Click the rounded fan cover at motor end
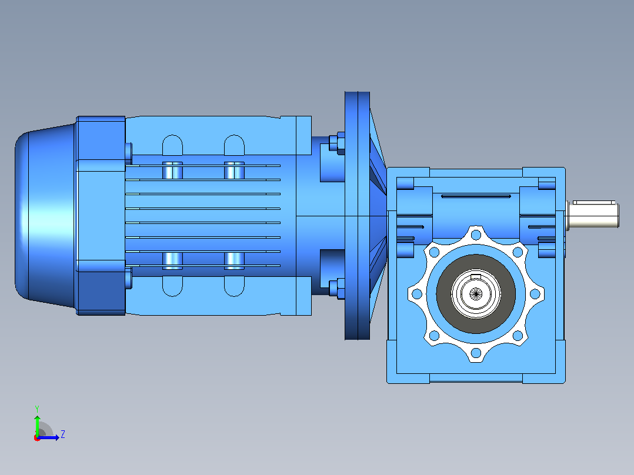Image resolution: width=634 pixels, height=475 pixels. tap(45, 216)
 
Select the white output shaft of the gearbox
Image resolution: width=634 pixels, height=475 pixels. tap(592, 215)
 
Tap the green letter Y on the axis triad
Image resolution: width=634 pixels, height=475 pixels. tap(37, 409)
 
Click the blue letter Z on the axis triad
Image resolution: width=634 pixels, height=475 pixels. tap(63, 434)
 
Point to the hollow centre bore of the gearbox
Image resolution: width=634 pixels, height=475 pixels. tap(476, 293)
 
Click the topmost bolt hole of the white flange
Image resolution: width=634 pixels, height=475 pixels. tap(476, 235)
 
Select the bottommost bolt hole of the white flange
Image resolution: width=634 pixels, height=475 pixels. tap(476, 353)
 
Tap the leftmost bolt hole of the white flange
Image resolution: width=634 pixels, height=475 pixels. tap(417, 294)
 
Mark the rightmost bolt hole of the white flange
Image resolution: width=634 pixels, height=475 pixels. tap(535, 294)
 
